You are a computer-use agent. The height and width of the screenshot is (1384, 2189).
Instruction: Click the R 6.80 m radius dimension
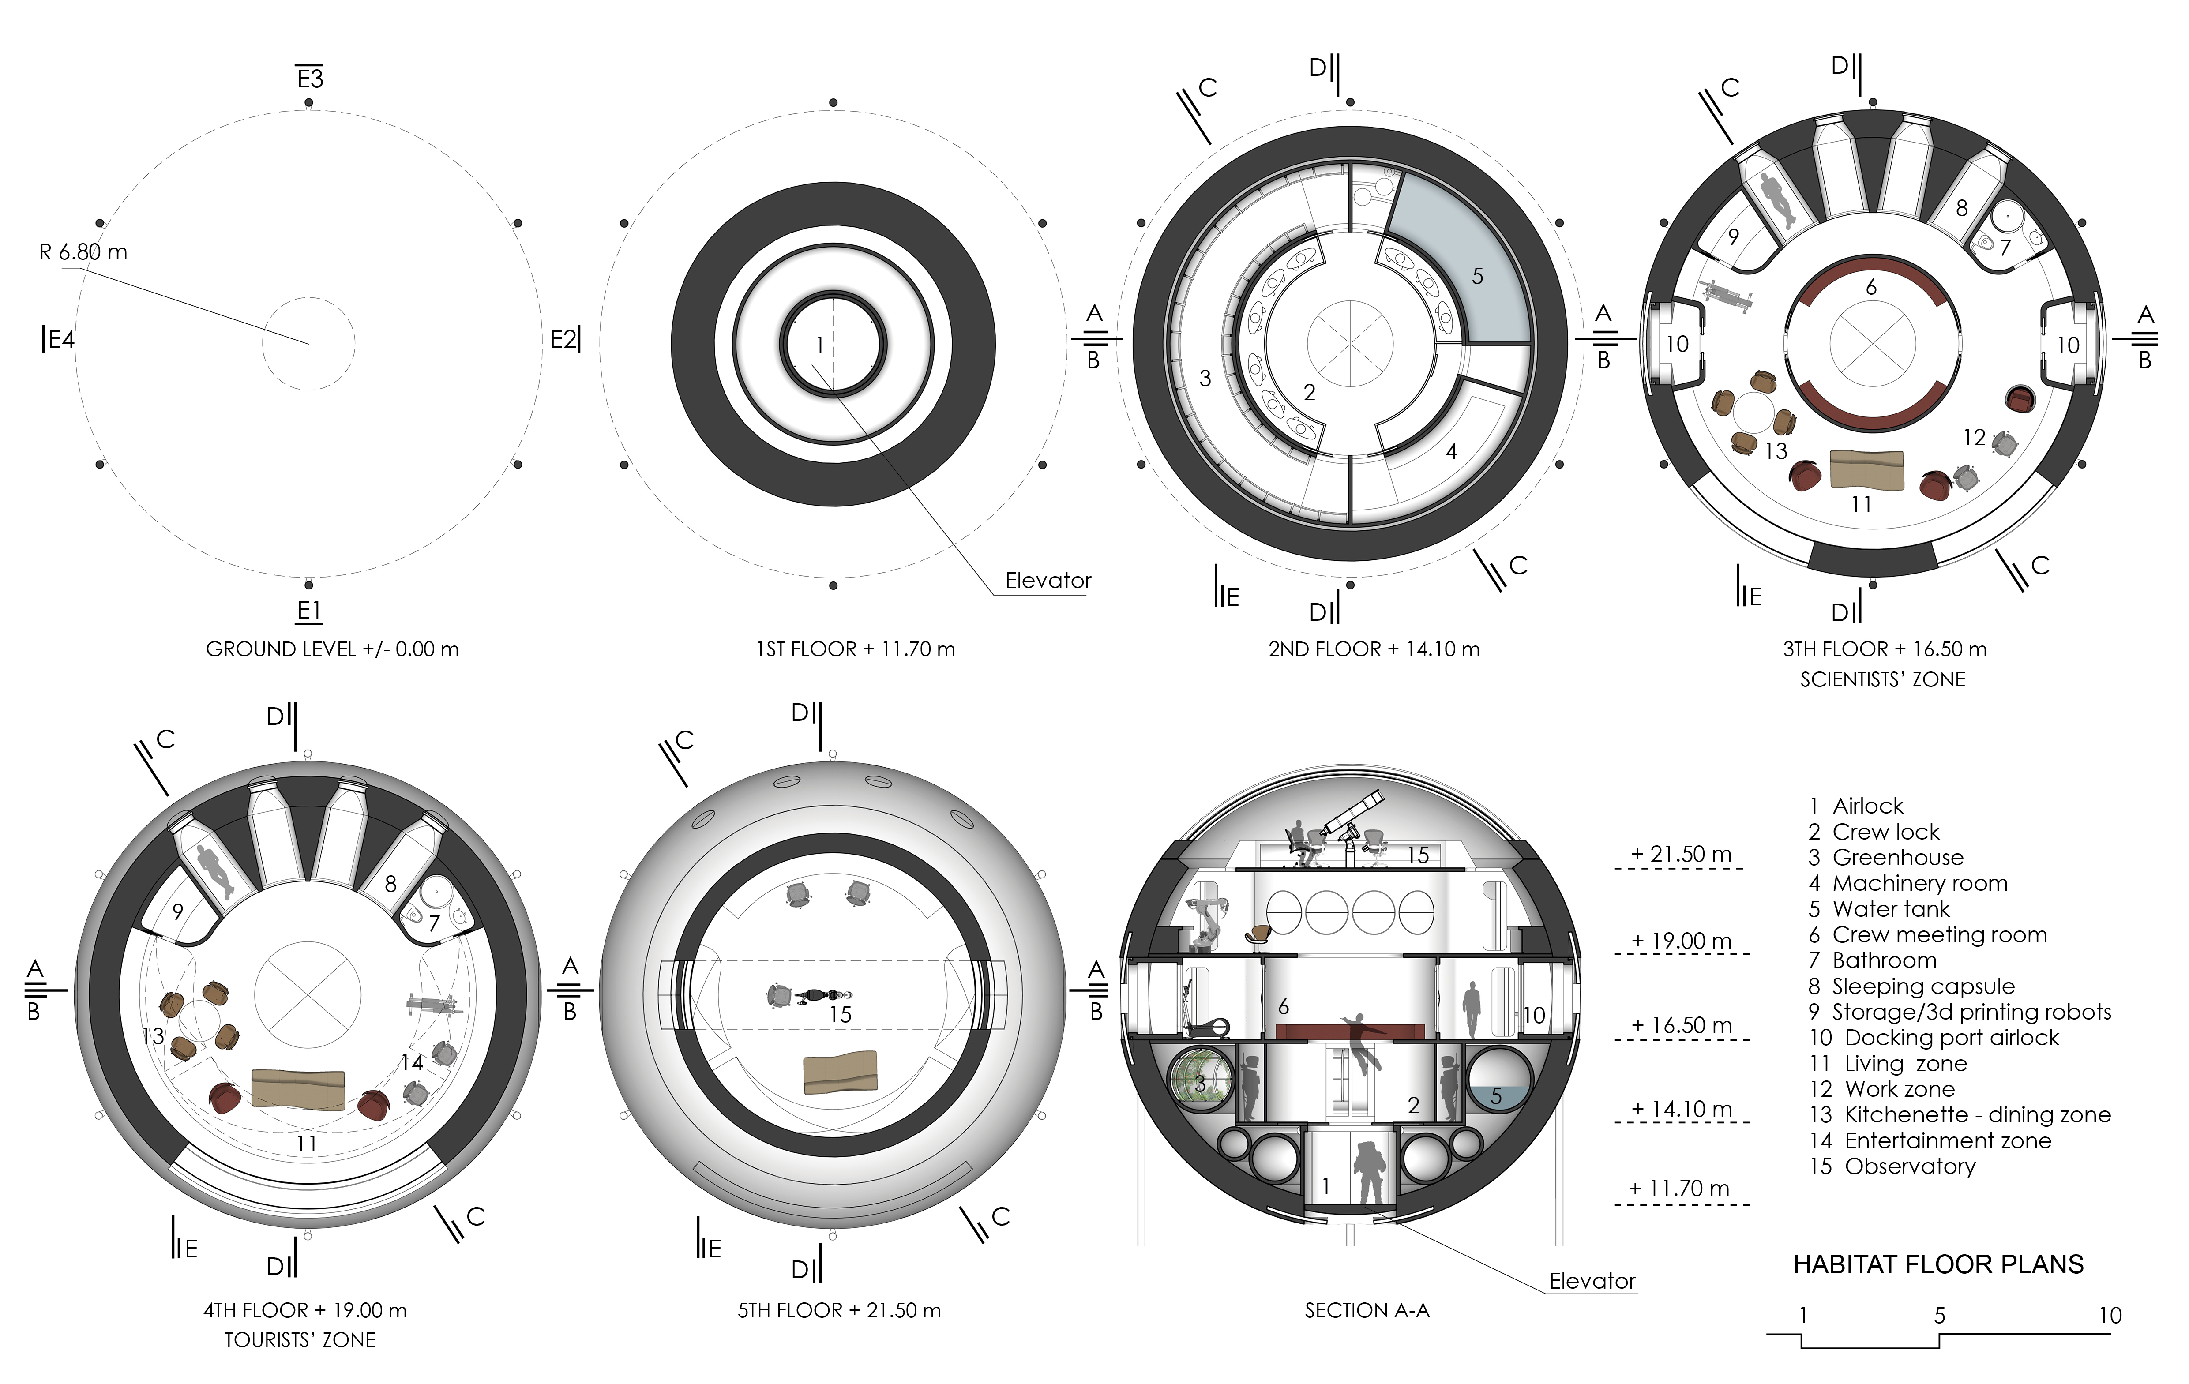click(x=83, y=252)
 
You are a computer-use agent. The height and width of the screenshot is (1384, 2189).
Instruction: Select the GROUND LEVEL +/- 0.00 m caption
click(x=333, y=649)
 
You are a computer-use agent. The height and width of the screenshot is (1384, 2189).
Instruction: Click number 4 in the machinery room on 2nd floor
click(x=1451, y=452)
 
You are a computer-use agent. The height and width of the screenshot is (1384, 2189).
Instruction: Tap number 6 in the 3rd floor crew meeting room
click(x=1871, y=287)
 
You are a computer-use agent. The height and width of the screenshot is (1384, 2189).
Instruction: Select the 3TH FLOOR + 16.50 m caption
click(x=1885, y=649)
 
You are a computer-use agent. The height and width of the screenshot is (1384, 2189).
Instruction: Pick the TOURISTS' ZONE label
click(x=300, y=1339)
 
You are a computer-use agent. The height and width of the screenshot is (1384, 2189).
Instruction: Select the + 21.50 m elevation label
click(x=1681, y=854)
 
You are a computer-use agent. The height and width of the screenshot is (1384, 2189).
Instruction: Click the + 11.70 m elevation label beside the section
click(x=1679, y=1188)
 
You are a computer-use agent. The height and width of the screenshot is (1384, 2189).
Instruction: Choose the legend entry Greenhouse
click(x=1897, y=857)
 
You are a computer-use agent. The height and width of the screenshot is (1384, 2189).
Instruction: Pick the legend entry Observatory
click(x=1910, y=1166)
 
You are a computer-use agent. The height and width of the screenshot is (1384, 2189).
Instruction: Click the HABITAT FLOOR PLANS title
click(x=1938, y=1264)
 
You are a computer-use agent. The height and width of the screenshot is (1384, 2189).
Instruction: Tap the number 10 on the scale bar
click(x=2110, y=1315)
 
